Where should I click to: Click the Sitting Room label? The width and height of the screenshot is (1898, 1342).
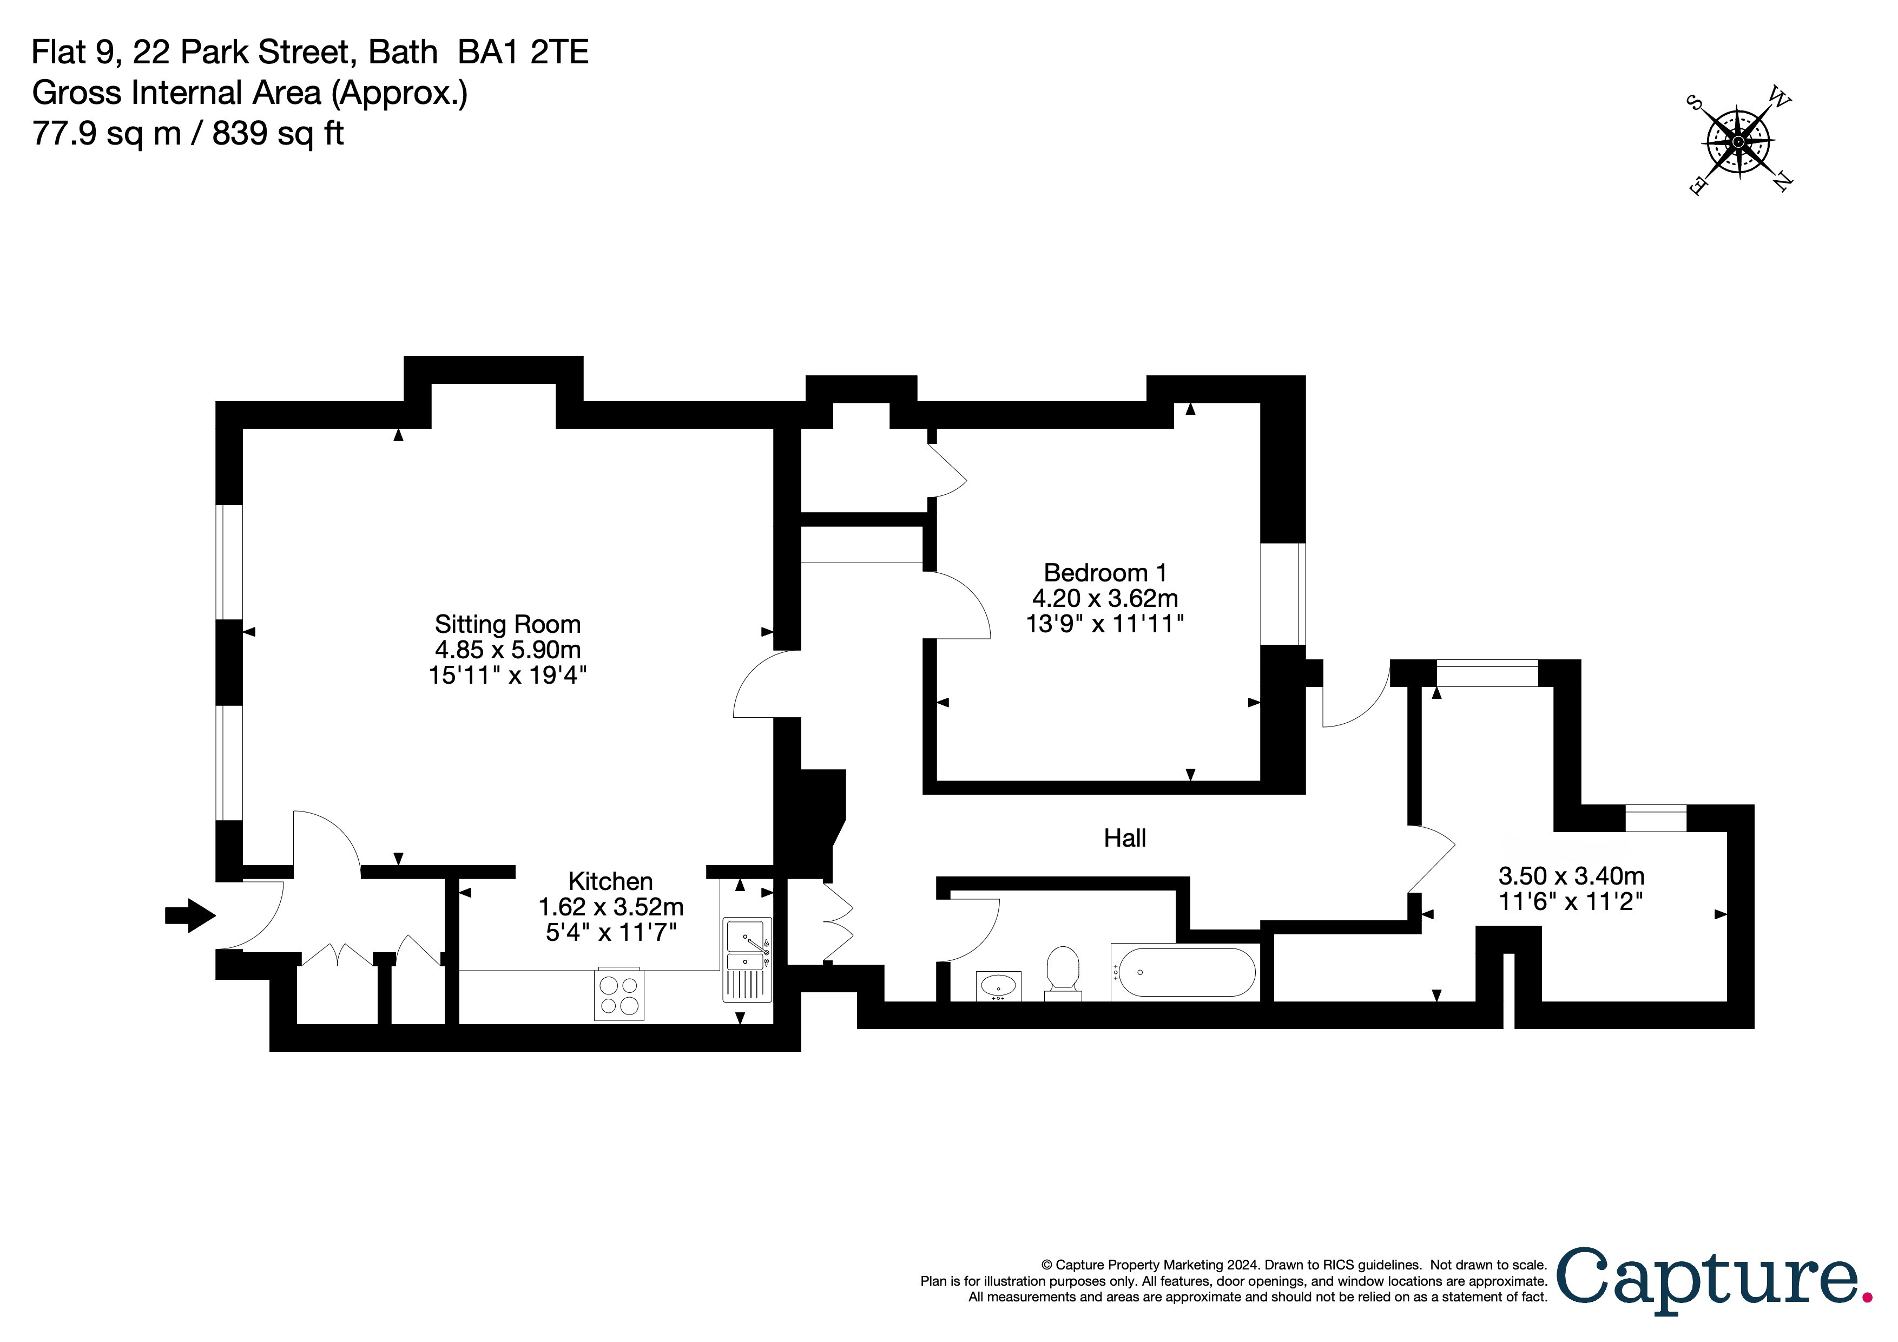click(508, 624)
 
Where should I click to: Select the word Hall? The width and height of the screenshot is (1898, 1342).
click(1124, 839)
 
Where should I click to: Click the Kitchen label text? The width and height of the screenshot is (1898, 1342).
click(610, 881)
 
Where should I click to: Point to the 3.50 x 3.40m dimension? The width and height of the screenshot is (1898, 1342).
click(1571, 876)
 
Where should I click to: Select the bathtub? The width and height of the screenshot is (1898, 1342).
click(1184, 972)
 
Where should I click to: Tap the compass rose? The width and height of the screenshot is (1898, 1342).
click(1738, 142)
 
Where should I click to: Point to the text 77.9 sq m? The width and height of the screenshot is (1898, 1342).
click(107, 133)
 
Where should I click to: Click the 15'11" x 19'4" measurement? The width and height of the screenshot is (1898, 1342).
click(508, 676)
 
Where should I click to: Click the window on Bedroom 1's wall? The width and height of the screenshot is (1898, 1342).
click(1282, 594)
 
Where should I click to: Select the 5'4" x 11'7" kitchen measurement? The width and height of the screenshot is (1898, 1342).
click(610, 933)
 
